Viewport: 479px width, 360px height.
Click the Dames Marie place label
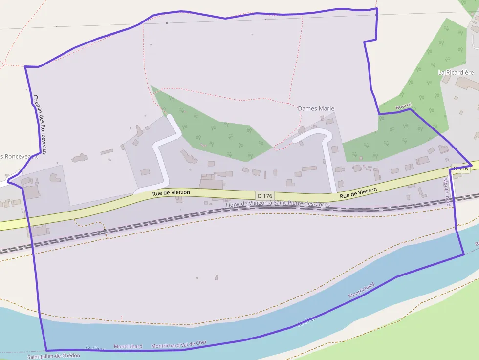(x=316, y=108)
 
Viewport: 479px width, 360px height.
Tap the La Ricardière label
(x=456, y=72)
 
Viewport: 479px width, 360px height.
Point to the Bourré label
(x=404, y=106)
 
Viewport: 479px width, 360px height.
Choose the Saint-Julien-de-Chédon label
(x=53, y=356)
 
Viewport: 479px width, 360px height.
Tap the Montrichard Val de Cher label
(x=179, y=345)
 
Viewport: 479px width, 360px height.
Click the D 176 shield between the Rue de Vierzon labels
(x=264, y=195)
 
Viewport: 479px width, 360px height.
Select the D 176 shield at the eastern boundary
(x=460, y=169)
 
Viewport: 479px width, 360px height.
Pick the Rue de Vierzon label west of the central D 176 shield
(x=171, y=193)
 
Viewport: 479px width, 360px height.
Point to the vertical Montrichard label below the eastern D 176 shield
(x=446, y=192)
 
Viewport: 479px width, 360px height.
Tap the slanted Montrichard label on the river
(x=362, y=291)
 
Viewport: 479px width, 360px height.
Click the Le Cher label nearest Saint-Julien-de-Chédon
(x=95, y=349)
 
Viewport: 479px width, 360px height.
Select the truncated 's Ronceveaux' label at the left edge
(x=19, y=156)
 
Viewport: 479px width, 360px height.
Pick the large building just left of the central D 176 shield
(x=211, y=184)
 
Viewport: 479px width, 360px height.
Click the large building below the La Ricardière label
(x=467, y=84)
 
